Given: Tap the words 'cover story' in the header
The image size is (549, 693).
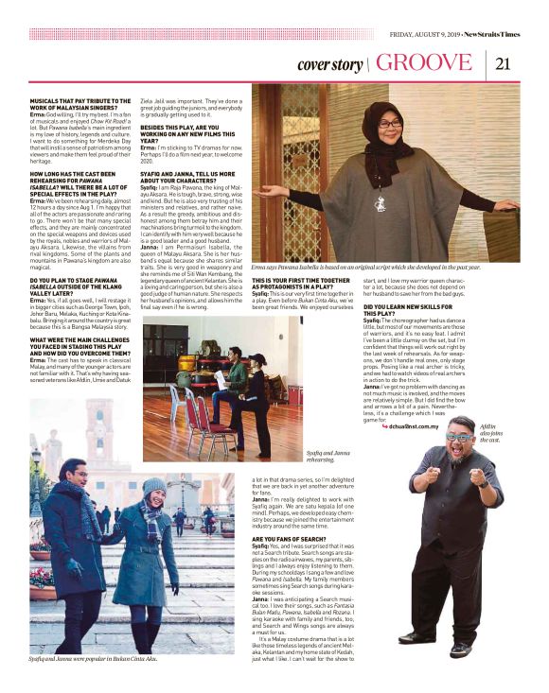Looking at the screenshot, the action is click(x=328, y=65).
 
